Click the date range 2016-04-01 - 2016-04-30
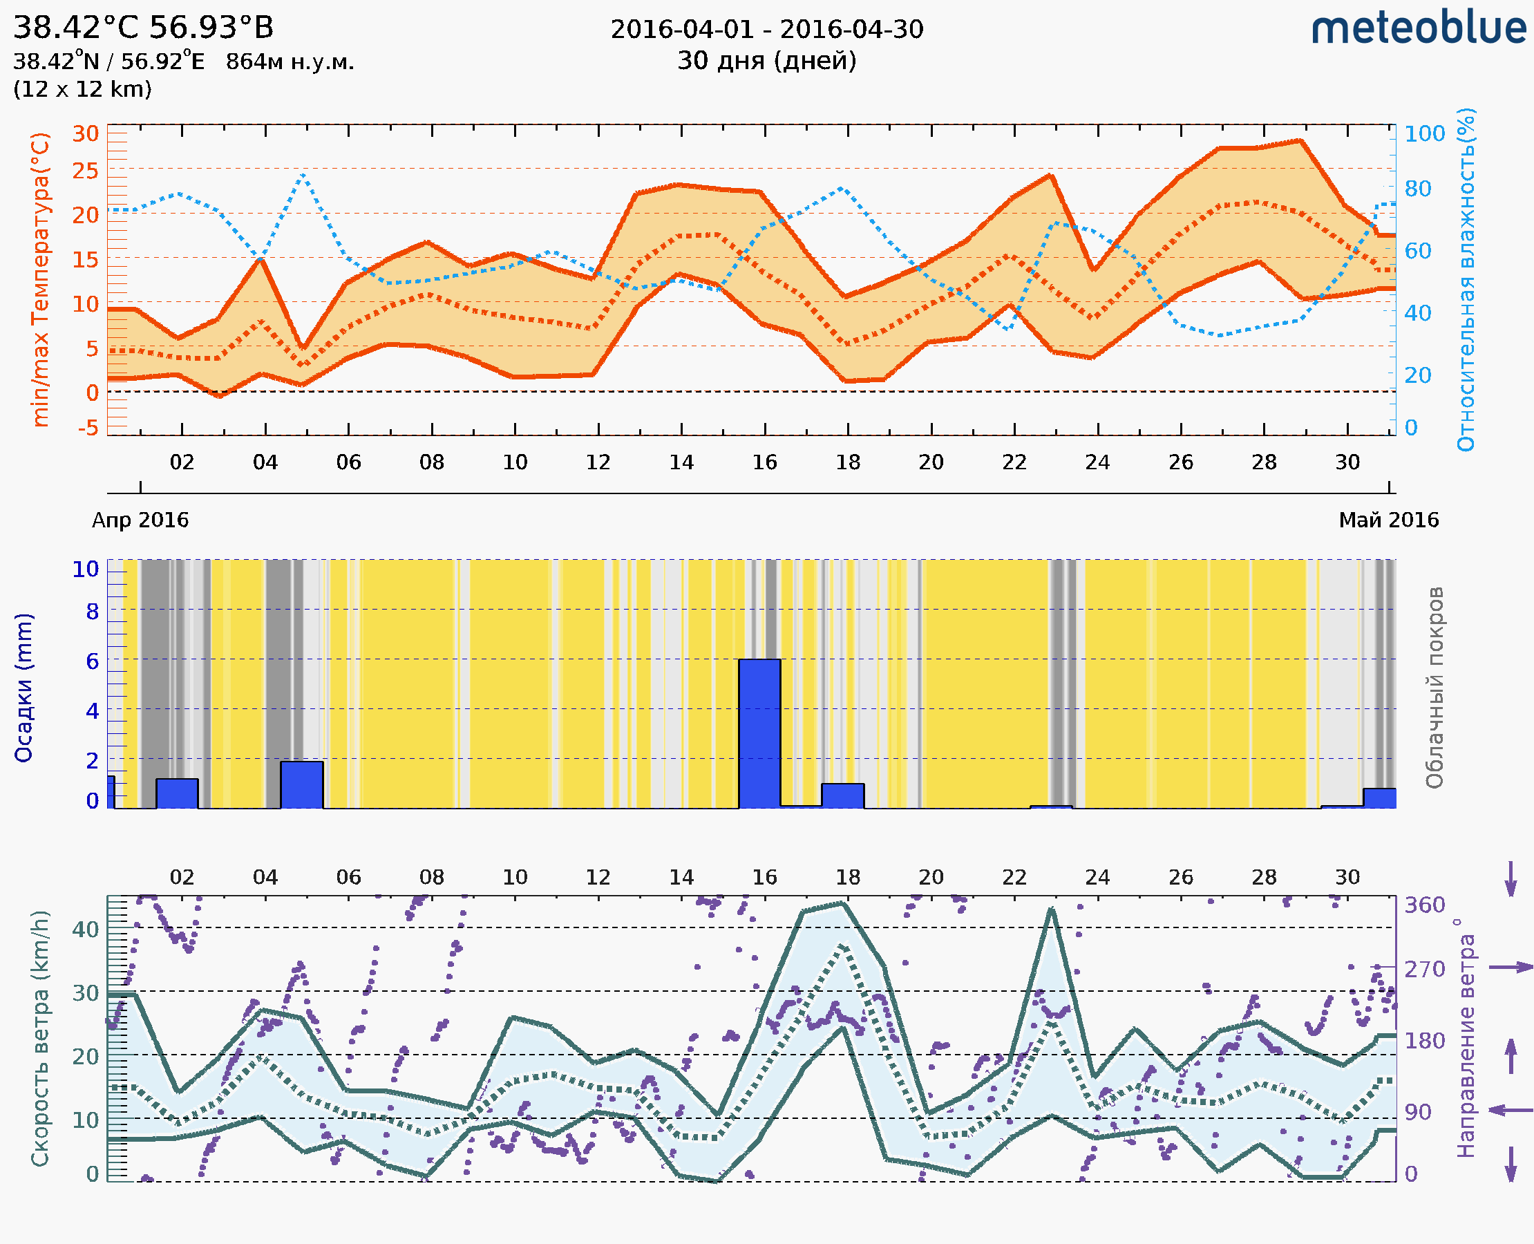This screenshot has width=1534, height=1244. point(766,30)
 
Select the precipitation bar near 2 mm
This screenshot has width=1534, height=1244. point(302,784)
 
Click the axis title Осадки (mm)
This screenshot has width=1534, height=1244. point(23,688)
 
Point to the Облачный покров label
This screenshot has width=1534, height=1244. point(1434,688)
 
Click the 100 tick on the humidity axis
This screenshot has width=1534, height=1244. point(1424,134)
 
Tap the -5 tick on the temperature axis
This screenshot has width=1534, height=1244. point(88,428)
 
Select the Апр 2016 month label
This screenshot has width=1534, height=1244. point(140,520)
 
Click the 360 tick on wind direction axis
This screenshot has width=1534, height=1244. point(1424,905)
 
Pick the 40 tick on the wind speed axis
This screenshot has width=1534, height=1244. point(86,930)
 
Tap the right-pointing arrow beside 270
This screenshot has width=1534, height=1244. point(1511,968)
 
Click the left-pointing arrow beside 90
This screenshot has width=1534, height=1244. point(1511,1110)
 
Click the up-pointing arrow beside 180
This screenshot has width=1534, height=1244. point(1511,1055)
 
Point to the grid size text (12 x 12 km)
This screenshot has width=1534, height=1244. point(82,90)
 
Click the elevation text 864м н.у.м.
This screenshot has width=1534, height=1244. point(290,62)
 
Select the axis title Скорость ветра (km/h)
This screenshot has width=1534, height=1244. point(40,1038)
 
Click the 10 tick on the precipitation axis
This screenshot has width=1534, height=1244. point(85,569)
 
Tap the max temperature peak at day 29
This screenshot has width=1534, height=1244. point(1300,140)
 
